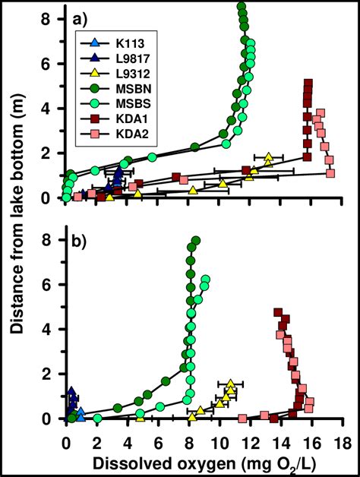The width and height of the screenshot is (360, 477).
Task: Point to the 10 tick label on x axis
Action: [x=219, y=441]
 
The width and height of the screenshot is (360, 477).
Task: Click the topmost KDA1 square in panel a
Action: [x=308, y=84]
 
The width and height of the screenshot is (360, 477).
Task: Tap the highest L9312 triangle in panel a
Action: [x=268, y=157]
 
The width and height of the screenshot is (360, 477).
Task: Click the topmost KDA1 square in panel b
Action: [x=278, y=312]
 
